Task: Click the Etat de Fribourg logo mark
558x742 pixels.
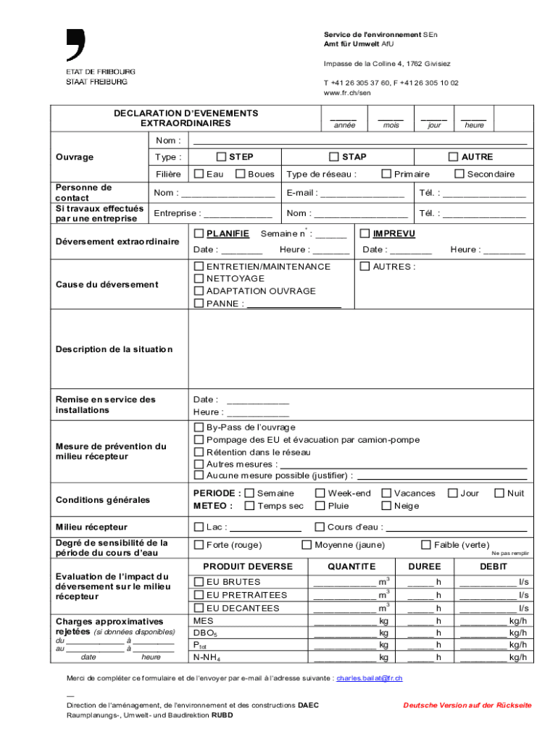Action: click(76, 45)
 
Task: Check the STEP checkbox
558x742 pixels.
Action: click(222, 157)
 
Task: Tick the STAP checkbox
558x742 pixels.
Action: click(334, 157)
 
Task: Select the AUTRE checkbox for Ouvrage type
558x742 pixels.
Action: click(453, 157)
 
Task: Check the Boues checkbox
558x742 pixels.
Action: click(241, 174)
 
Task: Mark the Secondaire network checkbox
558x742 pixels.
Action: click(459, 174)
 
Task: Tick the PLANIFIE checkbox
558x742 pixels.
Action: click(199, 233)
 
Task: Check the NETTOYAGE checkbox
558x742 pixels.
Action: click(199, 278)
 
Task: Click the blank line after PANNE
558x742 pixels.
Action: click(293, 304)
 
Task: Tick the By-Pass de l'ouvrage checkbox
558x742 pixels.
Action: click(199, 428)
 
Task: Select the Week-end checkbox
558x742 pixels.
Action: click(320, 493)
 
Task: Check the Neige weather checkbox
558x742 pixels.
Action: click(386, 506)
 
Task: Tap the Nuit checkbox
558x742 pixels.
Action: click(499, 493)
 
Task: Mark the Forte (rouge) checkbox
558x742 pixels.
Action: click(199, 545)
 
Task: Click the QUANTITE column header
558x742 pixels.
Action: click(351, 567)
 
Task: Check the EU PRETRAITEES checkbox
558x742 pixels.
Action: click(199, 595)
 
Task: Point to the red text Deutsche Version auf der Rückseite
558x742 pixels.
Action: click(467, 705)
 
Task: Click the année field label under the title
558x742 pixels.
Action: click(344, 125)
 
